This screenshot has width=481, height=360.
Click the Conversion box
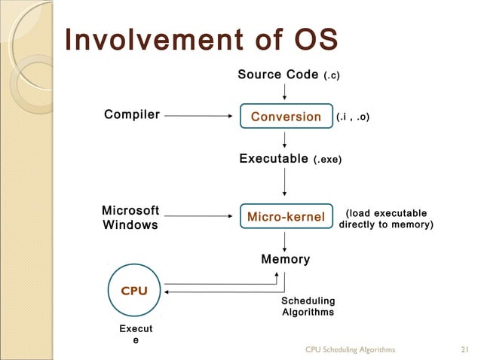tap(286, 117)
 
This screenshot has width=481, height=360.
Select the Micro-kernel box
tap(286, 217)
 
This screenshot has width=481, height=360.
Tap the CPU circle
tap(134, 291)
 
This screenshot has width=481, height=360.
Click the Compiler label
tap(132, 115)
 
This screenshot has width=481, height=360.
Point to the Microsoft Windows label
tap(130, 218)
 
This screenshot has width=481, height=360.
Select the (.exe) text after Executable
tap(327, 160)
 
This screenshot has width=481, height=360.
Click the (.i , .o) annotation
tap(353, 117)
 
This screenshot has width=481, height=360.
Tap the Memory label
tap(285, 260)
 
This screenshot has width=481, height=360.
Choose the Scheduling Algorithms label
tap(308, 307)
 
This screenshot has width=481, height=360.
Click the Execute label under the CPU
tap(136, 335)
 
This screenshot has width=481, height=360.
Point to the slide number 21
tap(464, 349)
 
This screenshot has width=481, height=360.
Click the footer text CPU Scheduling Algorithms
tap(350, 349)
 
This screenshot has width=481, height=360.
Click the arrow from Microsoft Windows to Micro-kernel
tap(198, 217)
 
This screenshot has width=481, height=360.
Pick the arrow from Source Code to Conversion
tap(285, 92)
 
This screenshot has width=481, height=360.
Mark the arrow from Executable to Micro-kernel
tap(285, 184)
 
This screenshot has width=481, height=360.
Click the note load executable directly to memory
tap(386, 219)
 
